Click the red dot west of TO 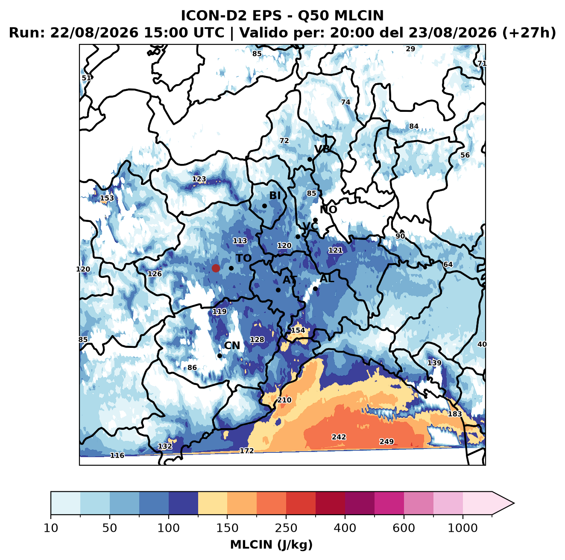coord(216,268)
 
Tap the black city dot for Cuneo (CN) coord(220,356)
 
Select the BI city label coord(275,195)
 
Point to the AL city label coord(327,278)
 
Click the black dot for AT coord(278,290)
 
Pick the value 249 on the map coord(386,442)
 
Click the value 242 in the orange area coord(339,437)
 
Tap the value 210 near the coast coord(284,400)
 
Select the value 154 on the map coord(298,330)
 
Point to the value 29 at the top coord(410,49)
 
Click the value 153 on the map coord(107,198)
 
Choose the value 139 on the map coord(434,363)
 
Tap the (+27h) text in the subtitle coord(529,33)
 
